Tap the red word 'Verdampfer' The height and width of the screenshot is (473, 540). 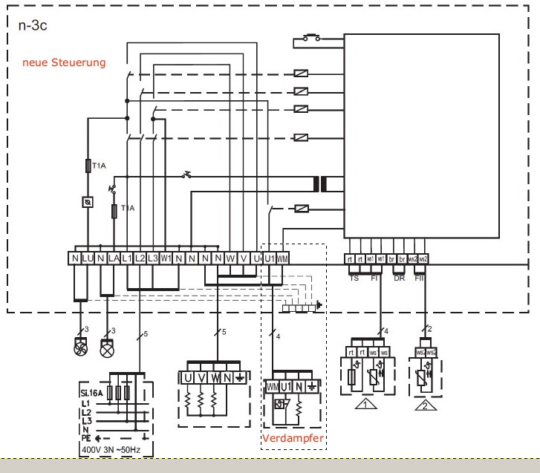[x=291, y=439]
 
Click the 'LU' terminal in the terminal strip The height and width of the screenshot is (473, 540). [x=88, y=258]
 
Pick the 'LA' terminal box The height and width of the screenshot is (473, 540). [x=114, y=258]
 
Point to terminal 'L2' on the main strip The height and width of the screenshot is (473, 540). [x=140, y=258]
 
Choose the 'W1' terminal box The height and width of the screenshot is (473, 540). [x=166, y=258]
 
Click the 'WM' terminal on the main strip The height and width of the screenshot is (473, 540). [x=282, y=258]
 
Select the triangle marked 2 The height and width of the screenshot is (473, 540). [x=423, y=405]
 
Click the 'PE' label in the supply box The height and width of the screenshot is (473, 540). [x=87, y=437]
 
